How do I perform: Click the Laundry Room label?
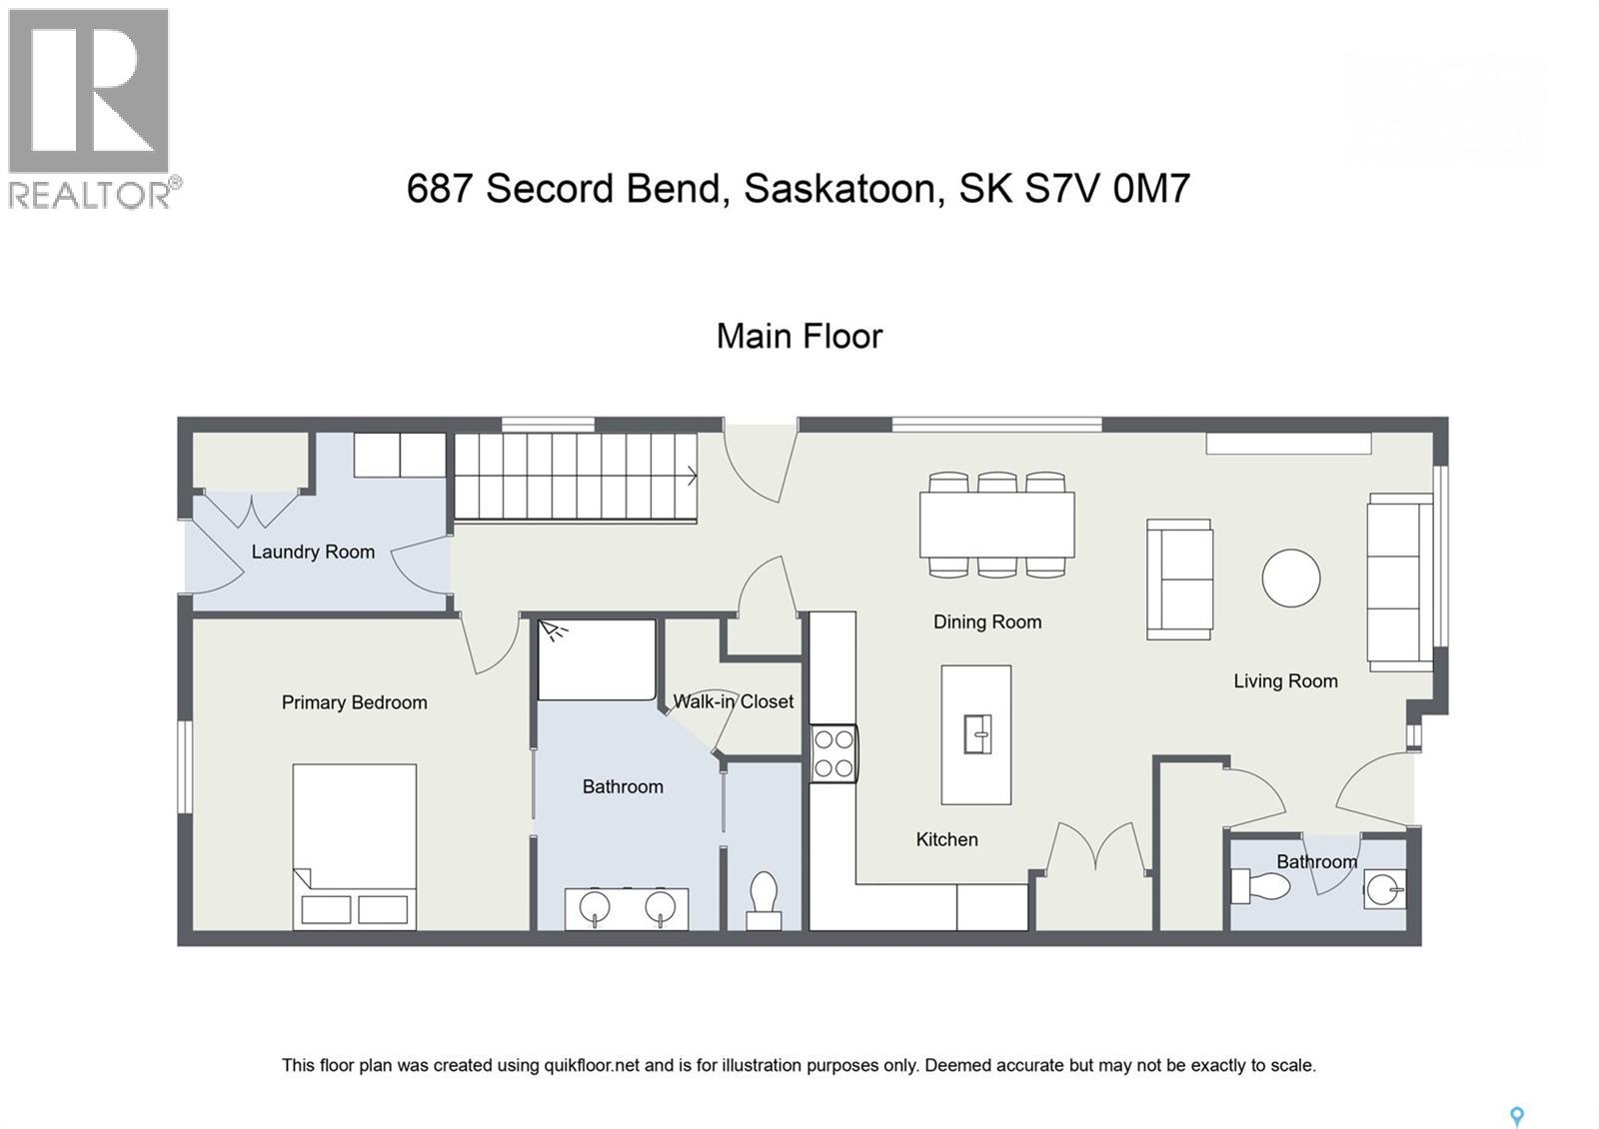coord(313,552)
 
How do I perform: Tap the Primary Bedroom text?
coord(354,702)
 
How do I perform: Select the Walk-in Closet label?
coord(733,701)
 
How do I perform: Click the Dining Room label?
coord(986,621)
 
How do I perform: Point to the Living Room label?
coord(1284,681)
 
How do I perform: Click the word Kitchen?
coord(946,839)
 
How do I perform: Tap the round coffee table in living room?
coord(1290,577)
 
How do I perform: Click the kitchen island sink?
coord(976,734)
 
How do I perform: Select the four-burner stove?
coord(833,753)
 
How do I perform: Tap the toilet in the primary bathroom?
coord(764,899)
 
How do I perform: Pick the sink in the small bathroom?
coord(1385,888)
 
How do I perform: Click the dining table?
coord(996,525)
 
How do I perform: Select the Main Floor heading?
coord(799,337)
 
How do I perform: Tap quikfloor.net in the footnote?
coord(591,1065)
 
